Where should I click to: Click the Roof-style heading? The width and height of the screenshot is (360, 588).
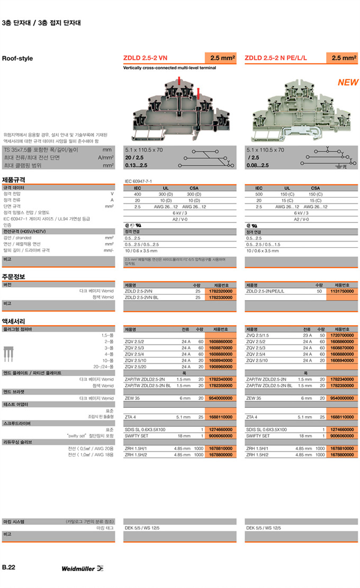point(17,58)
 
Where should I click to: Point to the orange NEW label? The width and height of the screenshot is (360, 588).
point(348,83)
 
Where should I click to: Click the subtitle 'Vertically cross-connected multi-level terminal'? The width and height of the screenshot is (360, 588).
point(169,68)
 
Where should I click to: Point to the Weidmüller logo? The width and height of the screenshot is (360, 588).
point(82,568)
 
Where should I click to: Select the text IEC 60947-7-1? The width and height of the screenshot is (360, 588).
point(138,181)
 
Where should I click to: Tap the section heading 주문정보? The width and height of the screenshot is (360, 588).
point(14,277)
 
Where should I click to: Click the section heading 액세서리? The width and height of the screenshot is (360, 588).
point(14,321)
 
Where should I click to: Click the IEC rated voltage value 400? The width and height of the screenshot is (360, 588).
point(137,194)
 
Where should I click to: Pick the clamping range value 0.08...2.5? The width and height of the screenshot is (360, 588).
point(257,165)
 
